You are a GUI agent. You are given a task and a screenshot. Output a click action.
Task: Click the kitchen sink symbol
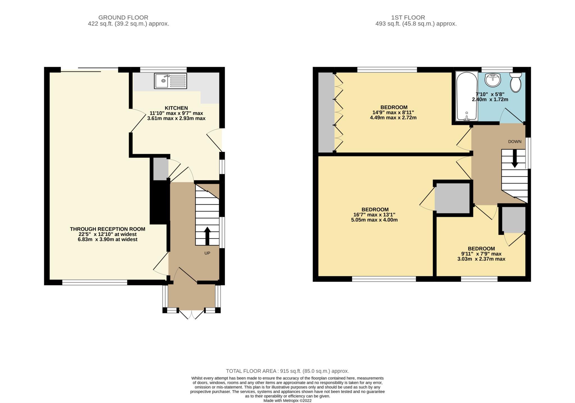click(x=170, y=81)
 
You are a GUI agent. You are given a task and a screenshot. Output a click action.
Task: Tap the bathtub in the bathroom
click(x=466, y=96)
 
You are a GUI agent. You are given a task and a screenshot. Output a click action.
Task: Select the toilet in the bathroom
click(x=515, y=82)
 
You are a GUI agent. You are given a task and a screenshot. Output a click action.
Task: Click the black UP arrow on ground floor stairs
click(x=207, y=236)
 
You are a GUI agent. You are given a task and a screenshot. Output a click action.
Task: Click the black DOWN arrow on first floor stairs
click(x=514, y=158)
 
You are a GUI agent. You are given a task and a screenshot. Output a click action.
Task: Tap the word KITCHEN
click(x=176, y=108)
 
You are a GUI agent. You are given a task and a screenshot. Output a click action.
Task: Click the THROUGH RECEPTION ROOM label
click(x=108, y=229)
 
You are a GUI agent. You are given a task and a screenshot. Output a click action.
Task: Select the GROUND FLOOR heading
click(x=123, y=17)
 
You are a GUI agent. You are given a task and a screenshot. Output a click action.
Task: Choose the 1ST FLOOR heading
click(x=408, y=17)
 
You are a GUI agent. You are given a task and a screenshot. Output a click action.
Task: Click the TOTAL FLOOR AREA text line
click(x=287, y=371)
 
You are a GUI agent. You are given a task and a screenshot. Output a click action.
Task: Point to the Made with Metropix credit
click(x=287, y=401)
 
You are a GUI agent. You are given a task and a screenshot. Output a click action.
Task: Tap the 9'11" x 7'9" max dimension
click(x=481, y=254)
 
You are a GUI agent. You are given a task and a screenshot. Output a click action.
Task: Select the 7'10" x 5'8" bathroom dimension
click(x=490, y=95)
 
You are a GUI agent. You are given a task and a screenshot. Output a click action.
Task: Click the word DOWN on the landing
click(x=514, y=142)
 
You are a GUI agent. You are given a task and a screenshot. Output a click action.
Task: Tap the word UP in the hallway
click(x=207, y=253)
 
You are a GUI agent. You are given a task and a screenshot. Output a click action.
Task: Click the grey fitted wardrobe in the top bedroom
click(x=326, y=112)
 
